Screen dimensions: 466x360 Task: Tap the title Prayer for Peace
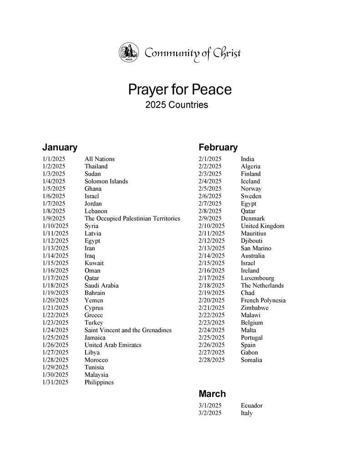[180, 89]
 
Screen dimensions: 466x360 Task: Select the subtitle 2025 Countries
[177, 105]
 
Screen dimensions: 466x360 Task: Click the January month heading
[60, 147]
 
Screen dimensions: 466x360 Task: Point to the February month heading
[218, 147]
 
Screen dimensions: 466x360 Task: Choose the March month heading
[212, 394]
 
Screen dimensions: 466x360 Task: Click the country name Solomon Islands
[106, 181]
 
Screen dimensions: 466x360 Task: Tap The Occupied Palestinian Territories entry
[132, 218]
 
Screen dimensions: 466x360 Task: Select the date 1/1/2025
[54, 159]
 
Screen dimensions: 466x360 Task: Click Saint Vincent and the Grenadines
[128, 330]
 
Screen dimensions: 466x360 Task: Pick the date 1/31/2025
[55, 382]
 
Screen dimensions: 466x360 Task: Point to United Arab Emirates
[113, 345]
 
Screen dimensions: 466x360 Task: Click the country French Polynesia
[263, 300]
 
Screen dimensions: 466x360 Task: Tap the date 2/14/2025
[212, 256]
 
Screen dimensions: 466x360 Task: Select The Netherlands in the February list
[262, 285]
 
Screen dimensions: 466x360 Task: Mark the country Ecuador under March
[252, 405]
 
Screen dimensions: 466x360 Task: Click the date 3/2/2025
[210, 413]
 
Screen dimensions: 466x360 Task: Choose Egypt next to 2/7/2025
[248, 203]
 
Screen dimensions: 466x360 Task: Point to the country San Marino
[256, 248]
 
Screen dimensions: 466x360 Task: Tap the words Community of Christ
[193, 53]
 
